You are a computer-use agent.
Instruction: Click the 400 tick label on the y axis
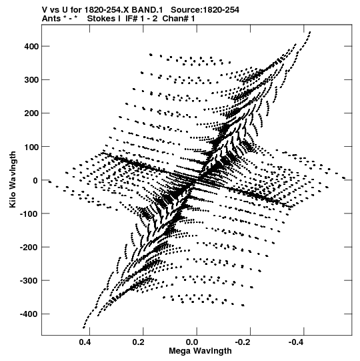(31, 47)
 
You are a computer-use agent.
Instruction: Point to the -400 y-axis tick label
(29, 314)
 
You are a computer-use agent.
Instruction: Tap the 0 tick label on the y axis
(35, 180)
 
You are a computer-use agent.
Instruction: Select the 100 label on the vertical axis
(31, 147)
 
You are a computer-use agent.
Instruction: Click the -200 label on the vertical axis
(29, 248)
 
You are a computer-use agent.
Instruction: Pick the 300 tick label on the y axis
(31, 80)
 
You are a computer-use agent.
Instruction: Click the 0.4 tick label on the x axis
(85, 342)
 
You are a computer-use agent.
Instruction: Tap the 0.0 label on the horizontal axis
(192, 342)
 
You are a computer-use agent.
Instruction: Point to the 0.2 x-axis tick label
(138, 342)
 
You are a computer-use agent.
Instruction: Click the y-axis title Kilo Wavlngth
(13, 179)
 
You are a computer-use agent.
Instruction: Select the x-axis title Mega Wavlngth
(200, 351)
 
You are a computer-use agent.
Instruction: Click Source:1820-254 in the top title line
(205, 10)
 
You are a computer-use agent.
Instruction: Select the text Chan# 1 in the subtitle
(179, 19)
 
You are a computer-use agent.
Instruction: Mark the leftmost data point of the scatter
(49, 182)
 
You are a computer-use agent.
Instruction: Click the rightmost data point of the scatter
(344, 177)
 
